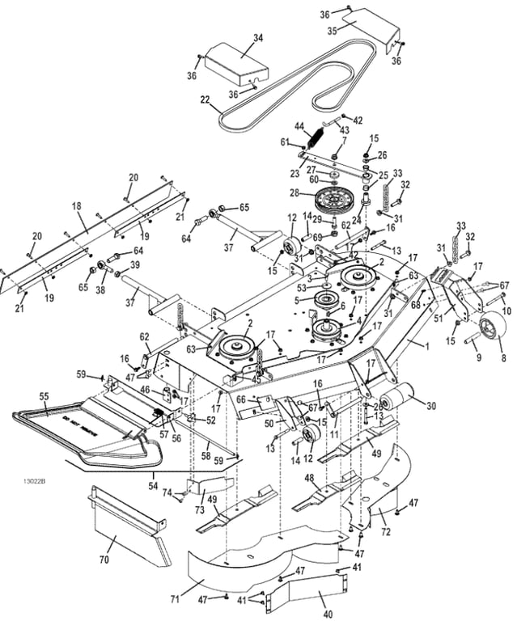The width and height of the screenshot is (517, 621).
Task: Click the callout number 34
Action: [x=258, y=38]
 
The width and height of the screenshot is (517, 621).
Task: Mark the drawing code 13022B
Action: [x=35, y=482]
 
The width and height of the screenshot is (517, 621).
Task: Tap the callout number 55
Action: [x=44, y=396]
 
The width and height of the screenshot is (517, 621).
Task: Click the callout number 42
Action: [x=358, y=120]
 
